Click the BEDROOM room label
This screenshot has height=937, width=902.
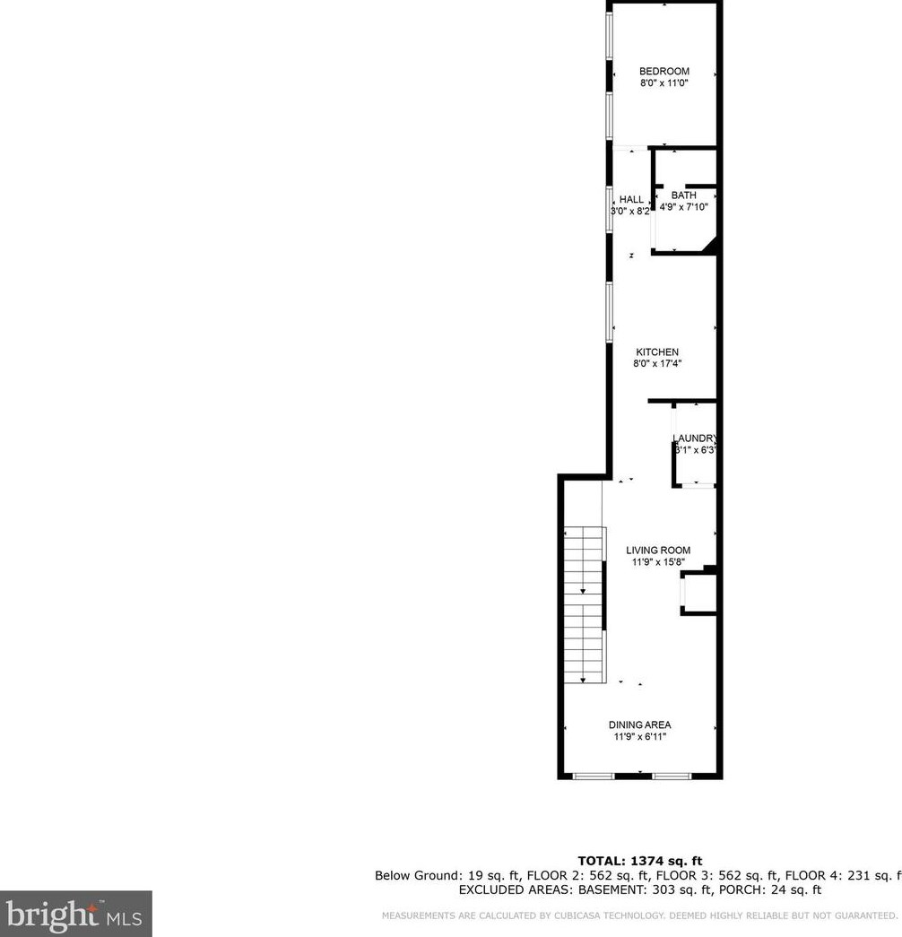click(663, 72)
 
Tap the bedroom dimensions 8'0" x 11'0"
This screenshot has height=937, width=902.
click(663, 83)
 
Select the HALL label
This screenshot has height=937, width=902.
click(631, 200)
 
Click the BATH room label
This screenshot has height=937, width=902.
click(684, 195)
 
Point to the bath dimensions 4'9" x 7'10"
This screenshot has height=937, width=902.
click(684, 207)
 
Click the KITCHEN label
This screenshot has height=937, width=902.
click(657, 352)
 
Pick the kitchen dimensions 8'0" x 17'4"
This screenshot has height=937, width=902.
click(657, 364)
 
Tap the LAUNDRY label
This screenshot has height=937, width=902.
click(696, 438)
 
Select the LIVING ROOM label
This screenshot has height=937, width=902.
click(658, 551)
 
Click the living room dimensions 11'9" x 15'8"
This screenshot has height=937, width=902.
click(658, 563)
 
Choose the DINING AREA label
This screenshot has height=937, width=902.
click(639, 725)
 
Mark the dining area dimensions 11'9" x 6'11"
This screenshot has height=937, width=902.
click(639, 737)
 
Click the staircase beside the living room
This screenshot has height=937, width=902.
click(584, 605)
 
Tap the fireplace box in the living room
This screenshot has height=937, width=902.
click(698, 594)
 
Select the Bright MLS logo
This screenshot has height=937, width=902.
click(75, 914)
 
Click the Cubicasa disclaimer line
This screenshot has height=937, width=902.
click(639, 915)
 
